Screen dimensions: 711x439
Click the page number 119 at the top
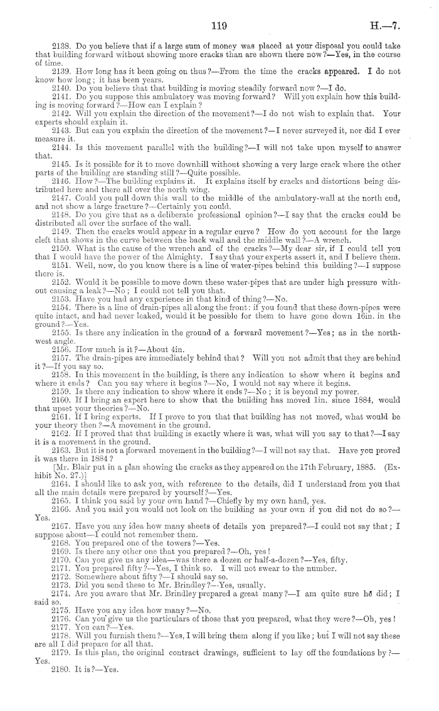click(x=219, y=26)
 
